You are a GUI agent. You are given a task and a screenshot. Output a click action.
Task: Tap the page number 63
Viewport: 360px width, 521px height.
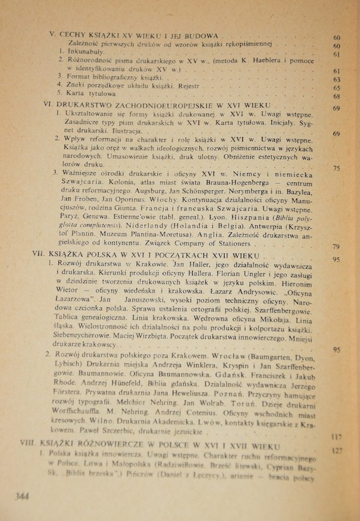336,80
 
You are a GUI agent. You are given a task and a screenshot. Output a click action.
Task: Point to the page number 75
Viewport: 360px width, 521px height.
336,168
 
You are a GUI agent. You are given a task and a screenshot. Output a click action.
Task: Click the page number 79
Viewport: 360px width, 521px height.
336,247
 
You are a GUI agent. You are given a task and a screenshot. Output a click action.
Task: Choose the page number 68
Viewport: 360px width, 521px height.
336,96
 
